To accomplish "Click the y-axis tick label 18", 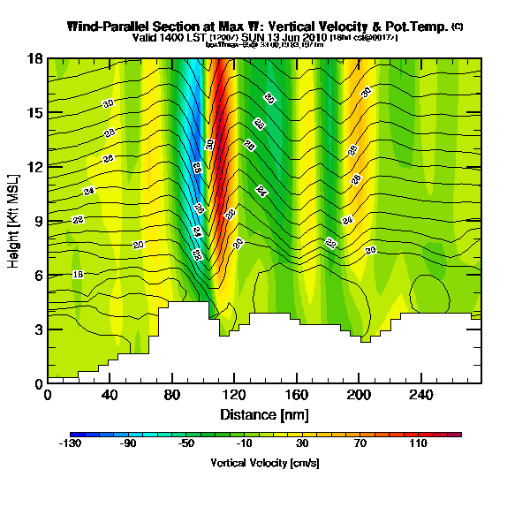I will [x=34, y=58].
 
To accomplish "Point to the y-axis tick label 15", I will [x=34, y=113].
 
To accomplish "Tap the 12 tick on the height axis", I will [x=34, y=167].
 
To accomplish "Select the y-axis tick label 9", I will [x=38, y=222].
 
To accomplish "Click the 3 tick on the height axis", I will [x=38, y=329].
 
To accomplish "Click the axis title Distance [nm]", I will [x=264, y=414].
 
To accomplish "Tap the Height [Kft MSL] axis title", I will [x=14, y=221].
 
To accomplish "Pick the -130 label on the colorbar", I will [x=70, y=444].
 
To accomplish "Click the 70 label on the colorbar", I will [x=360, y=444].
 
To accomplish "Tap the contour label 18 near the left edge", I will [x=78, y=275].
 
